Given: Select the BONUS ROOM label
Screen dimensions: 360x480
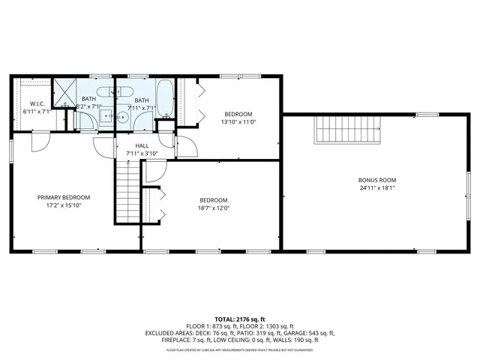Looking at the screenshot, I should [376, 180].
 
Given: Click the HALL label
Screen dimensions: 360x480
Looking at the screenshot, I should [141, 145].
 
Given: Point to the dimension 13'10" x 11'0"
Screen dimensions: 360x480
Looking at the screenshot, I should [238, 121].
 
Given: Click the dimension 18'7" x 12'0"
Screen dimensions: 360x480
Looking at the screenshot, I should [214, 208].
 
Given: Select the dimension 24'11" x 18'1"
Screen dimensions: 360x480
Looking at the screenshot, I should [376, 188].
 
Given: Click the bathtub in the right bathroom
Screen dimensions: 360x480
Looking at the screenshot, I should [166, 98].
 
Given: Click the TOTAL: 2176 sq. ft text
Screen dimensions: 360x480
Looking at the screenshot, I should [240, 318].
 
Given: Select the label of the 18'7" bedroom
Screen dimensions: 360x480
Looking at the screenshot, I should [214, 200].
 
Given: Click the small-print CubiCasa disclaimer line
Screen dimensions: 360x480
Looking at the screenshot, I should [240, 349].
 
